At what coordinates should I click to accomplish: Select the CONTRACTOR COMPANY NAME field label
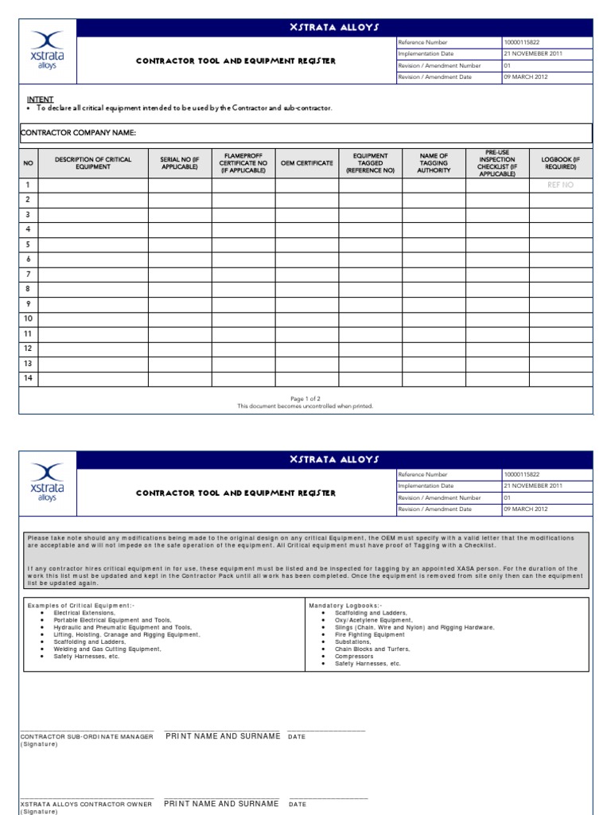tap(77, 132)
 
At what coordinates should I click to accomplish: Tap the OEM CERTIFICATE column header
tap(307, 163)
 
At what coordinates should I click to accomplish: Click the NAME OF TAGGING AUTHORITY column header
tap(434, 163)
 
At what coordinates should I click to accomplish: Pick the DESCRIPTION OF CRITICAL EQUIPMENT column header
tap(93, 163)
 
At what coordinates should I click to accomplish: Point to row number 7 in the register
tap(28, 274)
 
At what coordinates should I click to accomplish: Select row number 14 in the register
tap(28, 378)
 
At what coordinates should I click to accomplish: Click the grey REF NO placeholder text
tap(560, 185)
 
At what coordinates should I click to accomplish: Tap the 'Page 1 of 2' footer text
tap(305, 398)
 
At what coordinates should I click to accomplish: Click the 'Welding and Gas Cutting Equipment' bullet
tap(107, 649)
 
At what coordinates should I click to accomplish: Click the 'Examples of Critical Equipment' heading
tap(80, 606)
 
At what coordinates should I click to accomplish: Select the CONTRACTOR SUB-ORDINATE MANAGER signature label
tap(86, 737)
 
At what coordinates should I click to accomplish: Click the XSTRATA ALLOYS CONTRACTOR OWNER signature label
tap(86, 805)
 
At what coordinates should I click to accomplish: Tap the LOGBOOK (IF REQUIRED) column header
tap(560, 163)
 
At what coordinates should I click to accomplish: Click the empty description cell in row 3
tap(93, 215)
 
